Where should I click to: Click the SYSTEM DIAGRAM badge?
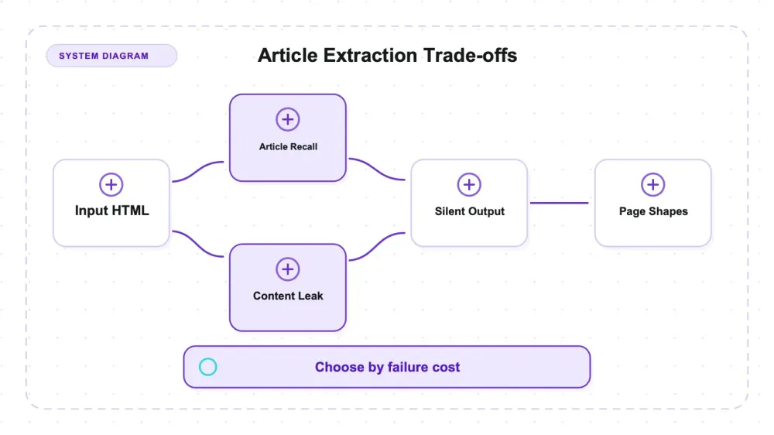[x=111, y=56]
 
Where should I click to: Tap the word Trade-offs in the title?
[x=470, y=55]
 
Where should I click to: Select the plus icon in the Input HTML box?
[x=111, y=185]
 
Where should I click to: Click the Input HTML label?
[x=112, y=211]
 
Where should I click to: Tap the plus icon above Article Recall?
[x=288, y=119]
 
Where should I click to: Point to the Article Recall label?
[x=288, y=146]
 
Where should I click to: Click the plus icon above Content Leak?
[x=288, y=269]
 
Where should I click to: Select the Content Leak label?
[x=288, y=296]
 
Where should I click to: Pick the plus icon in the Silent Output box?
[x=469, y=185]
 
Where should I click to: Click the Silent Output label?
[x=470, y=211]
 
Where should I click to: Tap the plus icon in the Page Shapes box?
[x=653, y=185]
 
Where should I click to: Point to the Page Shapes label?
[x=653, y=211]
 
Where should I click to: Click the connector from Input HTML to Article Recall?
[x=198, y=171]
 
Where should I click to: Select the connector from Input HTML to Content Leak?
[x=198, y=244]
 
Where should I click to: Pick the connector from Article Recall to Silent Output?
[x=377, y=170]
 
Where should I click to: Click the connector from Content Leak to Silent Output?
[x=377, y=246]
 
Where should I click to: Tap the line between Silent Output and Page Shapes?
[x=560, y=203]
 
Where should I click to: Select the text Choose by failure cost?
[x=388, y=368]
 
